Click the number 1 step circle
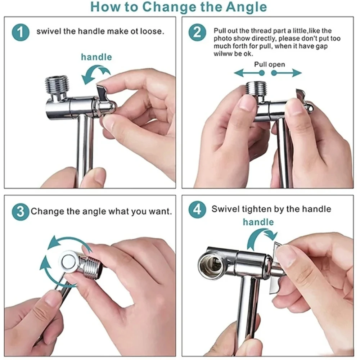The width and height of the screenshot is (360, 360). (x=21, y=32)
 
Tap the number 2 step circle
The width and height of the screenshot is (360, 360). (x=197, y=32)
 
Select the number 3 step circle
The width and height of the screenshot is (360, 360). (x=21, y=211)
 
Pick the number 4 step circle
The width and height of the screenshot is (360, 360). (x=197, y=210)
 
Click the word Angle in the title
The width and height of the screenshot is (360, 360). (x=246, y=7)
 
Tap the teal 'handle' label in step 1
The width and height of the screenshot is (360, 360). (x=96, y=57)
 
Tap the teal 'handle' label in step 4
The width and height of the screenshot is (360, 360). (x=258, y=222)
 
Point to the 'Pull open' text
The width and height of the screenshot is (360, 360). (x=270, y=64)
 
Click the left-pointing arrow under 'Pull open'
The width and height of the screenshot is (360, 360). (x=249, y=73)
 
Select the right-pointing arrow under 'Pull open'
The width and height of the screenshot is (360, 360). (x=286, y=73)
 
